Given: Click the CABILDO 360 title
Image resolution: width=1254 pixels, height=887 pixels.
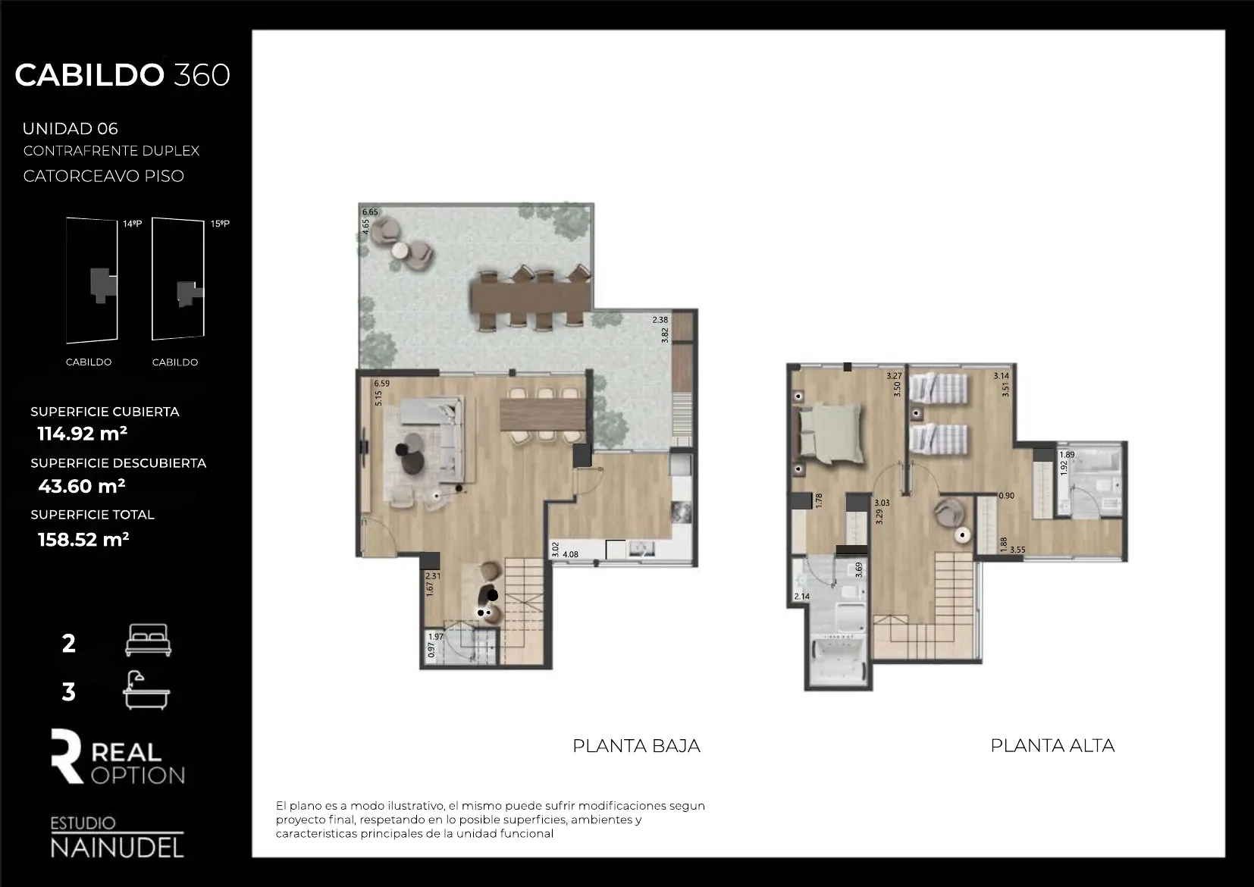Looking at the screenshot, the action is [x=122, y=75].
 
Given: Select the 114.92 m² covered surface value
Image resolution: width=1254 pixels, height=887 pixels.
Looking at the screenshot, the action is [x=83, y=434].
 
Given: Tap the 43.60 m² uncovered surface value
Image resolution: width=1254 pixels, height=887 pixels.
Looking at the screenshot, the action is [x=82, y=486].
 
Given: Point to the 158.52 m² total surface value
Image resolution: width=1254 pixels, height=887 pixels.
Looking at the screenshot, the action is [x=83, y=539].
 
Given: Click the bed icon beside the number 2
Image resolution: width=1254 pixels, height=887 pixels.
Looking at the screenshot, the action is [x=148, y=640].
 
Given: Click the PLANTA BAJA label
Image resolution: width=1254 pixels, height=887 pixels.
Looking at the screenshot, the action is [x=636, y=745].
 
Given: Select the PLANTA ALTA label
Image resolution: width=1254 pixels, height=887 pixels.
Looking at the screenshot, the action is [x=1052, y=745].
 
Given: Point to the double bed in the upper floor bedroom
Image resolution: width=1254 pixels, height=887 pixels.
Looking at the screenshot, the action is [x=829, y=433].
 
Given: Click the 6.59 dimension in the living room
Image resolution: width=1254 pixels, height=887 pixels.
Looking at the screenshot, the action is [x=382, y=384].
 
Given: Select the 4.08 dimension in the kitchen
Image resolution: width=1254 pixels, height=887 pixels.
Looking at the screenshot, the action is [x=570, y=555].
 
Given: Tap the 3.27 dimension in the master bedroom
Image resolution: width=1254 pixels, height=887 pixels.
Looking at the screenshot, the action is [x=894, y=376].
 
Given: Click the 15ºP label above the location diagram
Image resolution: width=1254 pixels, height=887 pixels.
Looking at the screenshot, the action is [x=220, y=224].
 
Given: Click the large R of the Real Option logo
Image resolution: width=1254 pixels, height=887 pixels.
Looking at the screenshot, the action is [x=67, y=756].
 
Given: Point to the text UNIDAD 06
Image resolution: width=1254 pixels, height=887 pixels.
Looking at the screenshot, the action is [x=71, y=129].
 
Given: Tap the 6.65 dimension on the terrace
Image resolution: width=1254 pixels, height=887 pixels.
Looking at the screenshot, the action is [x=370, y=212].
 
